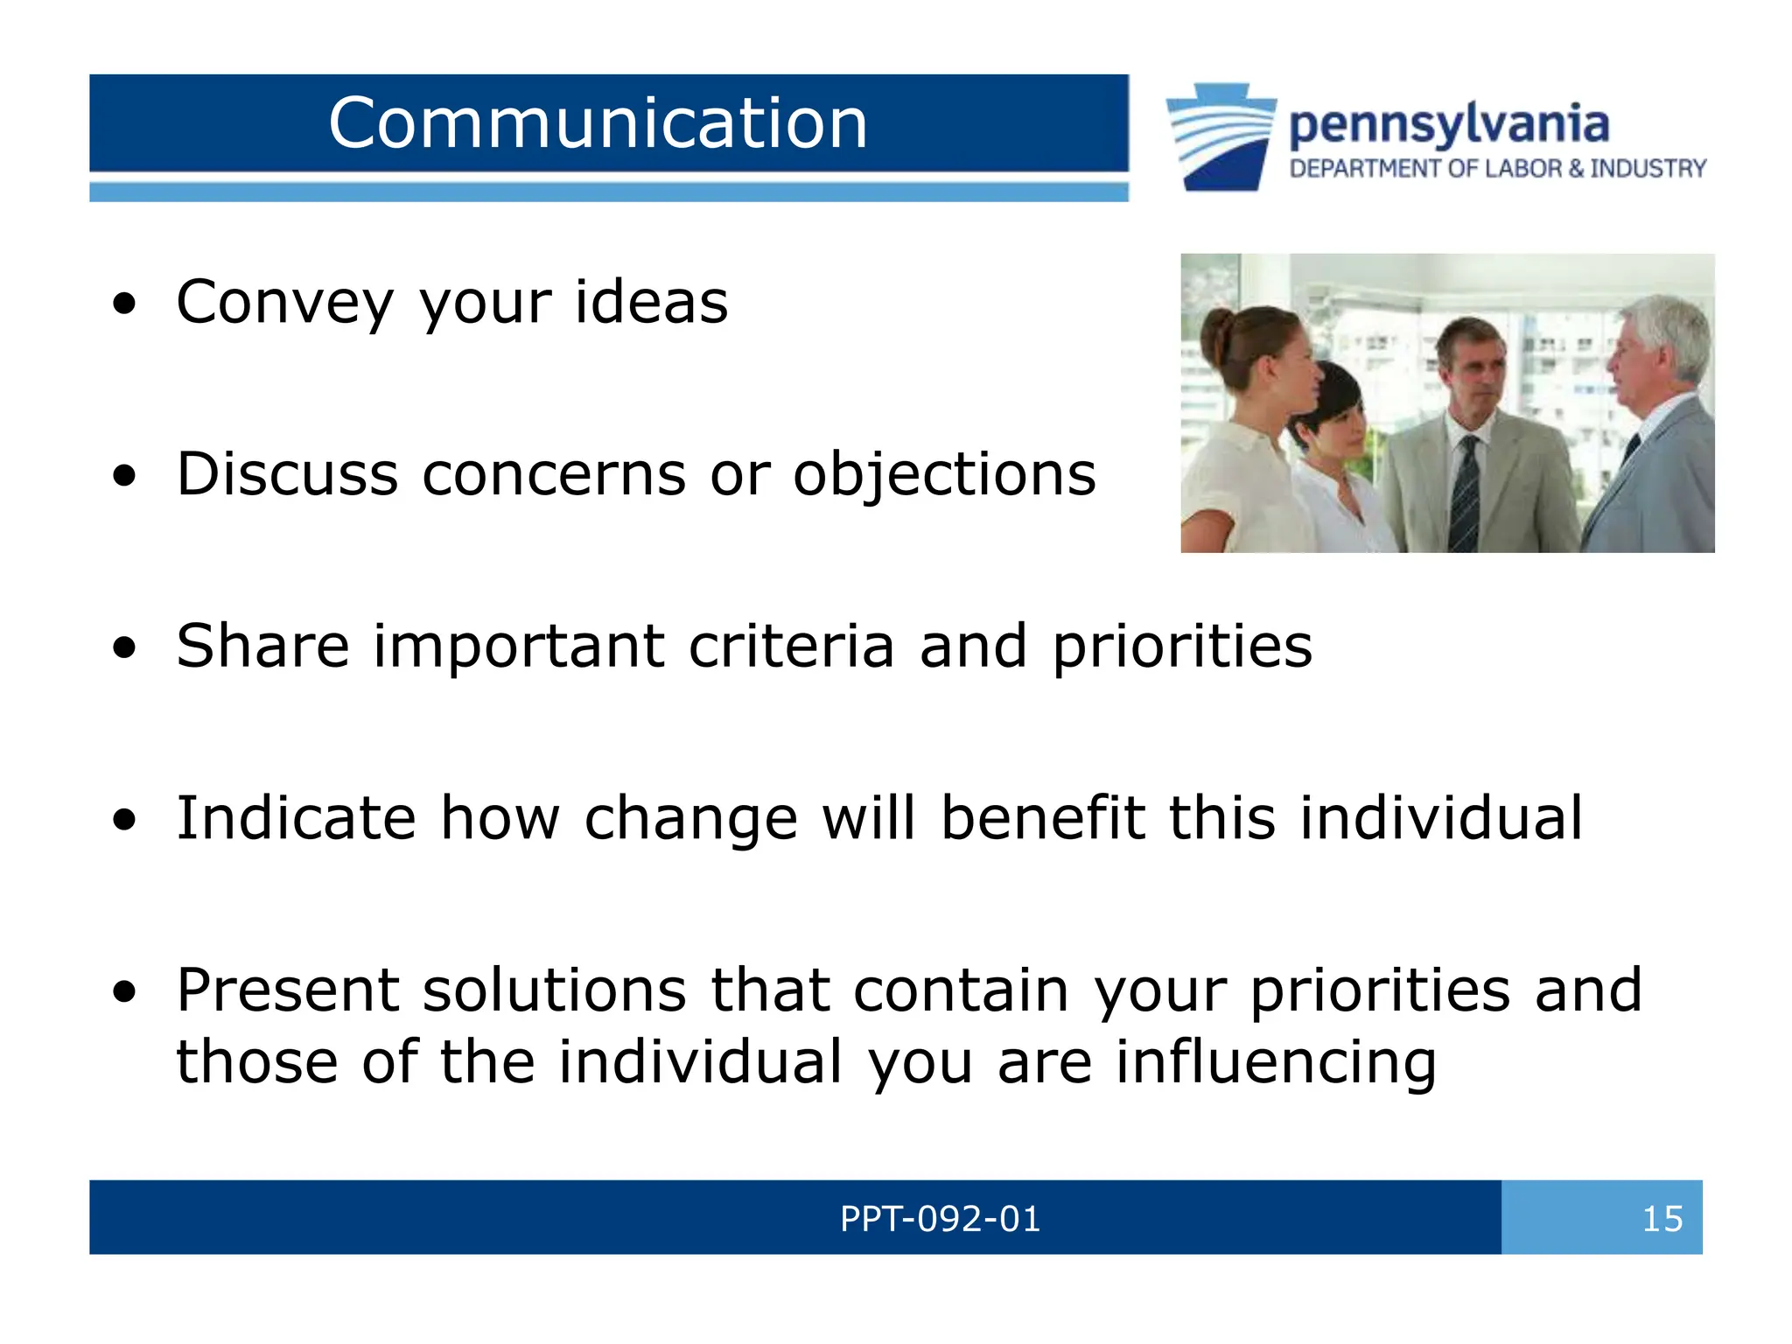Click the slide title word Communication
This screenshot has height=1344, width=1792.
click(598, 123)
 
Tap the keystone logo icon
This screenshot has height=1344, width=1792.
click(1221, 136)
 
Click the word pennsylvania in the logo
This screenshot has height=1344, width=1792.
click(1448, 124)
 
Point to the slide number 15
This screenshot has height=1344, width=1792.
click(1662, 1219)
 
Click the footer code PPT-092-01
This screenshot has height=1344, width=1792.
click(940, 1219)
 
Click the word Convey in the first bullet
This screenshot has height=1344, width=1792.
click(285, 302)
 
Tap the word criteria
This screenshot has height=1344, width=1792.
click(791, 646)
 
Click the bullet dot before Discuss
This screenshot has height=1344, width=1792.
click(125, 476)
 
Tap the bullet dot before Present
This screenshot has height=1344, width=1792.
click(125, 992)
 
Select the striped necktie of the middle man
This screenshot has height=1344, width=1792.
click(1464, 494)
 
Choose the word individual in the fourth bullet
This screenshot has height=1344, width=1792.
click(1441, 818)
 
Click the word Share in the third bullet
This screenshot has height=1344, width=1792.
click(262, 646)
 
